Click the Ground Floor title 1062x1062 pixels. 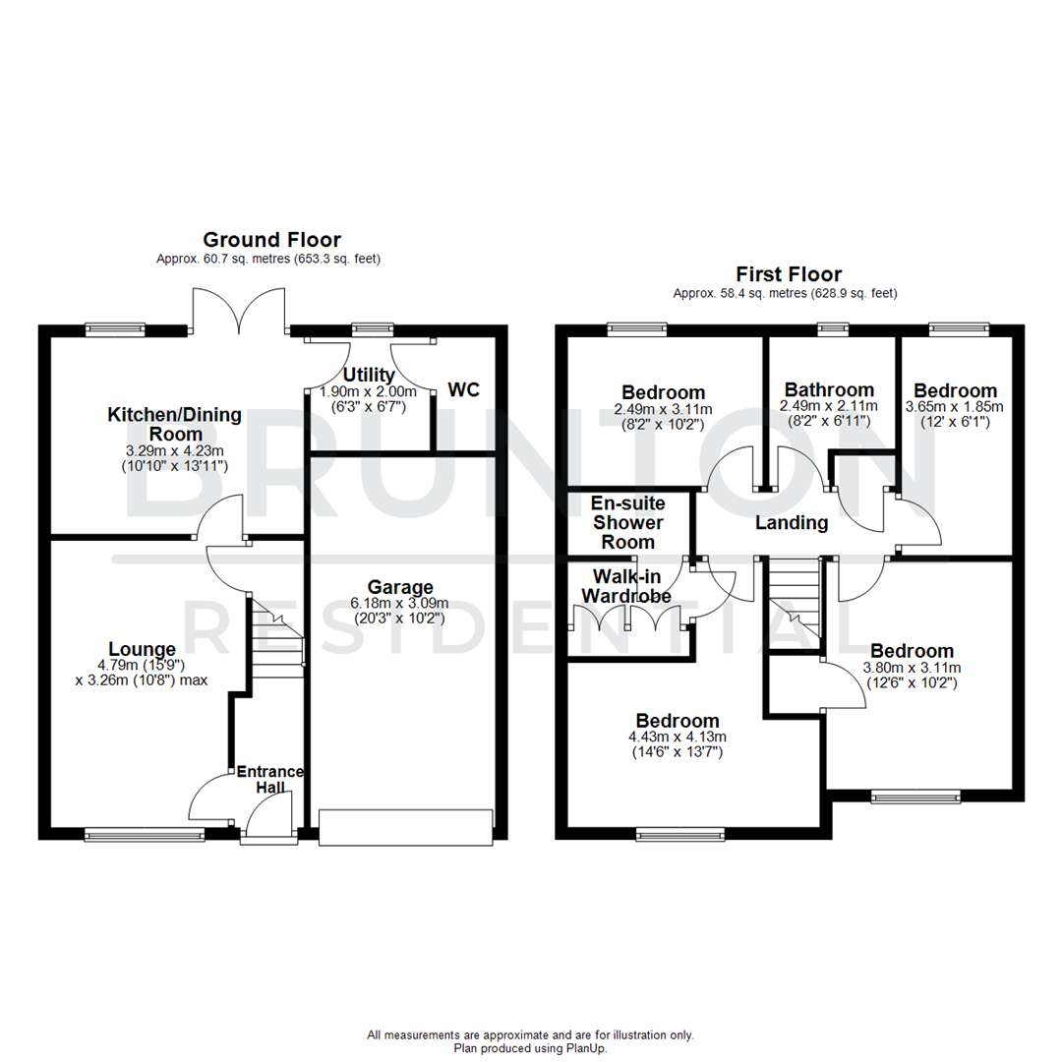(x=271, y=239)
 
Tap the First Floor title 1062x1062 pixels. (x=789, y=274)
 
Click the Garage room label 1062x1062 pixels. (x=401, y=587)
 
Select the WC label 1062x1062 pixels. (x=464, y=390)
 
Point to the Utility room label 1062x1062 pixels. (x=369, y=375)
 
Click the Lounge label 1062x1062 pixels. (x=143, y=649)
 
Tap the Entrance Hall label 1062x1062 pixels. (x=270, y=780)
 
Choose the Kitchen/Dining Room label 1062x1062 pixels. (x=174, y=424)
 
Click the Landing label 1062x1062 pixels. (x=792, y=523)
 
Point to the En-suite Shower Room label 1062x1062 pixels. (x=627, y=522)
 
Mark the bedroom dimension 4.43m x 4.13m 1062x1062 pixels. (x=677, y=737)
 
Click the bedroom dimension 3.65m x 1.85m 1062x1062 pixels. (x=954, y=406)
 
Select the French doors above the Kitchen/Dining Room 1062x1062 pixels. (x=240, y=310)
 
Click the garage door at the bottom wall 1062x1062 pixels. (x=404, y=826)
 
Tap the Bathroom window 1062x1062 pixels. (x=833, y=329)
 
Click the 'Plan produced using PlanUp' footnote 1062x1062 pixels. (x=531, y=1048)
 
